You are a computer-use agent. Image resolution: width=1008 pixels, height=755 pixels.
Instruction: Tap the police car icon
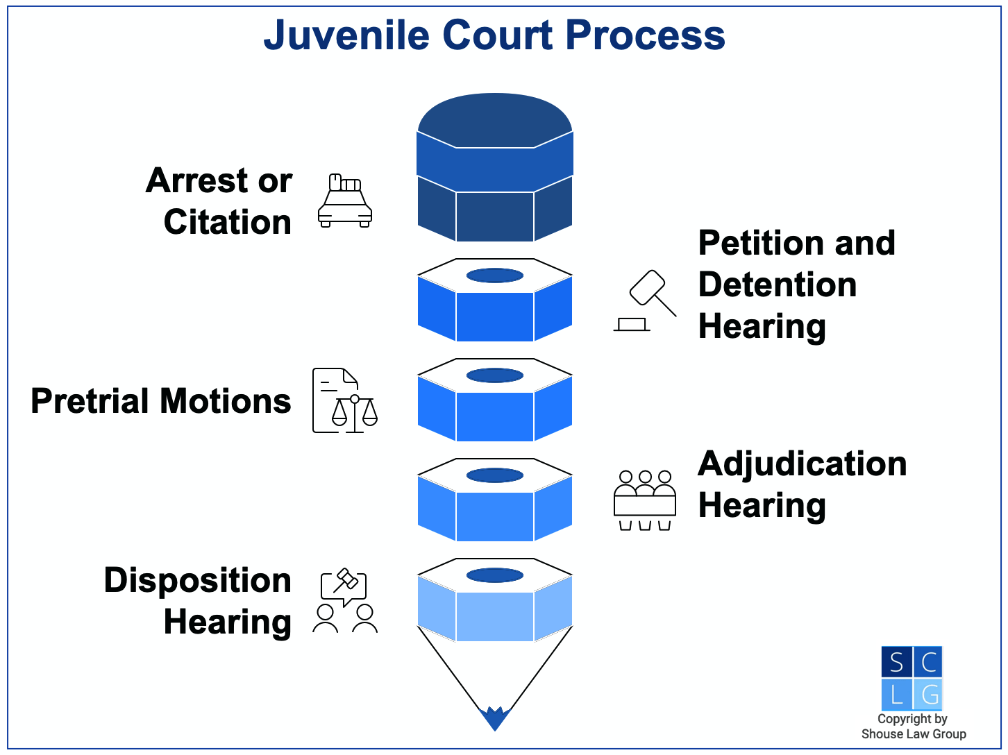(x=344, y=201)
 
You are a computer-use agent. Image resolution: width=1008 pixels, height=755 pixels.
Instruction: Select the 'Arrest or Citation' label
(x=219, y=201)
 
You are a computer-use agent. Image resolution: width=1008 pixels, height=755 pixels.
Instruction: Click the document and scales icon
(x=344, y=401)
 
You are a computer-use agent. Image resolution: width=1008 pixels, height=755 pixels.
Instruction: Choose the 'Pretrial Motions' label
(x=161, y=401)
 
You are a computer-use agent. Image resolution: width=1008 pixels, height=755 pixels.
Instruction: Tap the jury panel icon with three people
(x=645, y=500)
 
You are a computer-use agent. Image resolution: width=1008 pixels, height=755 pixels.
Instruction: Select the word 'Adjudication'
(x=802, y=464)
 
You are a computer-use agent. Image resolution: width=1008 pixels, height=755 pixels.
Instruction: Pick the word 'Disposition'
(x=198, y=580)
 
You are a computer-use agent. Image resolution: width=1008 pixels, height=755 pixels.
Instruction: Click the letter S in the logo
(x=896, y=663)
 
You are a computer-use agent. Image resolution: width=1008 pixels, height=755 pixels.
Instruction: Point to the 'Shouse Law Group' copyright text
(x=914, y=734)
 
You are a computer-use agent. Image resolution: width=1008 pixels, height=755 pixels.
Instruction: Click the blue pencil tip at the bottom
(x=495, y=718)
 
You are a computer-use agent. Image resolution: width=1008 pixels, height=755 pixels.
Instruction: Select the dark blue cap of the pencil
(x=495, y=167)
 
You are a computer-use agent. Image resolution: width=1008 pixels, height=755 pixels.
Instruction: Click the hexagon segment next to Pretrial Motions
(x=495, y=401)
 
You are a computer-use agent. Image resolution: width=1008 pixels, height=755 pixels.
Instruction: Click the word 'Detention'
(x=778, y=285)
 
